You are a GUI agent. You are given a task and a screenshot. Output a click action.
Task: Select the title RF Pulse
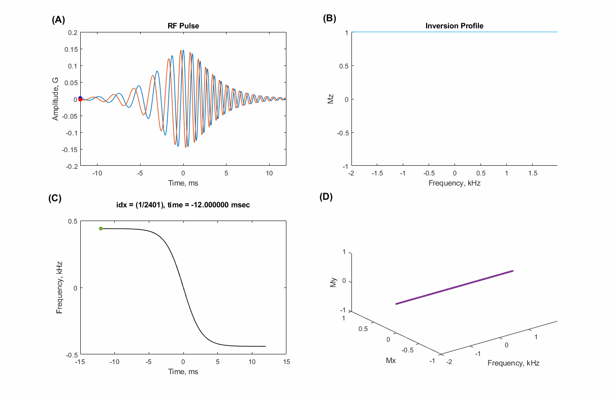pyautogui.click(x=183, y=26)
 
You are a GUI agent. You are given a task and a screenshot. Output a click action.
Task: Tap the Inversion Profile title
pyautogui.click(x=454, y=26)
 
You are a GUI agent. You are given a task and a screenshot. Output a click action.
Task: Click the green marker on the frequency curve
pyautogui.click(x=101, y=229)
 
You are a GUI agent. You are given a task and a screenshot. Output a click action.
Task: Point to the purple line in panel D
pyautogui.click(x=455, y=287)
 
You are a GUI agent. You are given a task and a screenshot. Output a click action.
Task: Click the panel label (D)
pyautogui.click(x=326, y=197)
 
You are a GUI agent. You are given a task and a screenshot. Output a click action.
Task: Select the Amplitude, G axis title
pyautogui.click(x=55, y=99)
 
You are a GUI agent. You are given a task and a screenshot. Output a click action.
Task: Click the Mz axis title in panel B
pyautogui.click(x=330, y=99)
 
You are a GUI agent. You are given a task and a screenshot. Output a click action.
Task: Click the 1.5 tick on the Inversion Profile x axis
pyautogui.click(x=532, y=173)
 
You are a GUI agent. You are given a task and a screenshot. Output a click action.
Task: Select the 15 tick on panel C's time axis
pyautogui.click(x=286, y=362)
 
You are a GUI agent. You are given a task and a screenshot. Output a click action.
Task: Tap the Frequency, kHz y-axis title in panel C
pyautogui.click(x=59, y=287)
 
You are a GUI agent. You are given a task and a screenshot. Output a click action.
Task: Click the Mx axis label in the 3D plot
pyautogui.click(x=391, y=361)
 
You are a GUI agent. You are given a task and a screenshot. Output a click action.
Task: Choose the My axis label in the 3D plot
pyautogui.click(x=333, y=281)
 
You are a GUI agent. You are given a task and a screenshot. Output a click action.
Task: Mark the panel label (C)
pyautogui.click(x=55, y=198)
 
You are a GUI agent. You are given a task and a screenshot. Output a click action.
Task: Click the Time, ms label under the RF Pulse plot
pyautogui.click(x=183, y=183)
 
